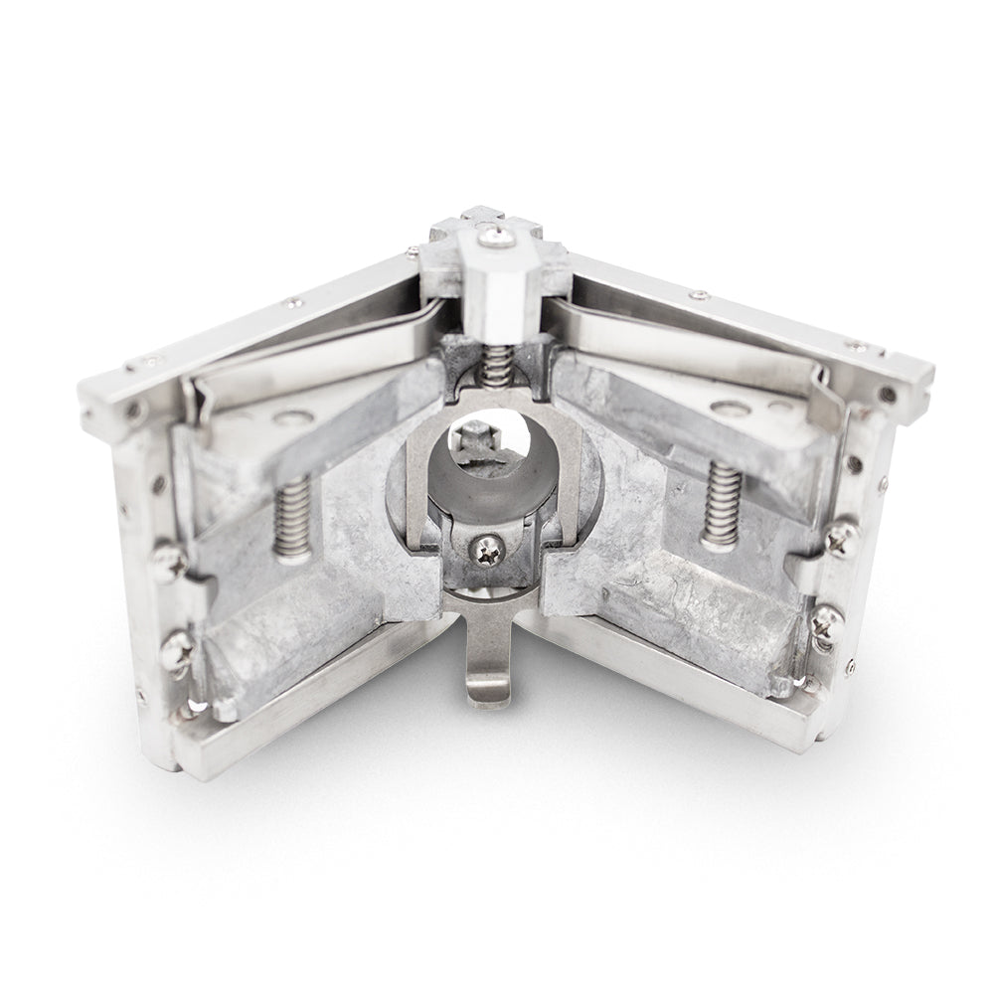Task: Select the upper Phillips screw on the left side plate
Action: [x=171, y=563]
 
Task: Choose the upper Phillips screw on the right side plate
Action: [x=841, y=538]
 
